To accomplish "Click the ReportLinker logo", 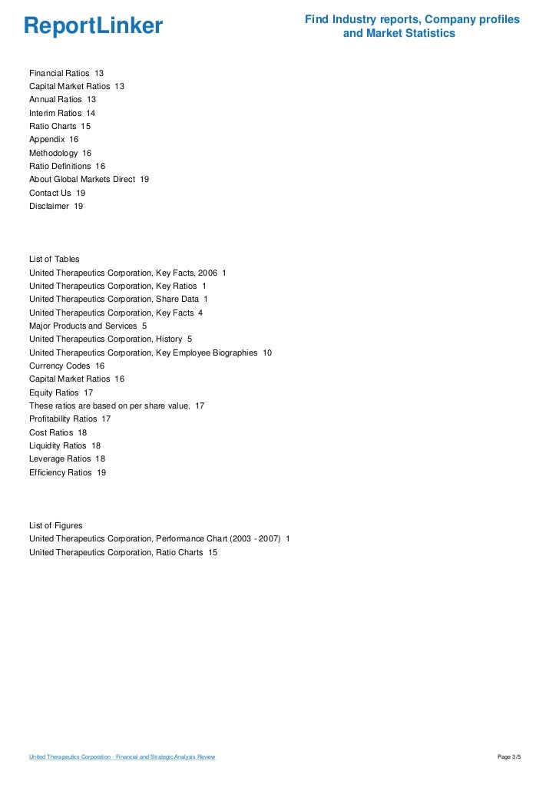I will tap(93, 27).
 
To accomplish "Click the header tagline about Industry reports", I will tap(412, 26).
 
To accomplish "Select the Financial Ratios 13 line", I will tap(66, 73).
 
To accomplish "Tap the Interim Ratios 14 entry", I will tap(62, 113).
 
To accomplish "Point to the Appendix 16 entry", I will tap(54, 140).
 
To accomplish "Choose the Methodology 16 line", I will tap(60, 153).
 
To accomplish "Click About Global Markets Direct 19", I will tap(89, 179).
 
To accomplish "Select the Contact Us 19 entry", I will tap(57, 193).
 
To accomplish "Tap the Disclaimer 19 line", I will tap(56, 206).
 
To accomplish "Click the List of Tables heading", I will tap(54, 259).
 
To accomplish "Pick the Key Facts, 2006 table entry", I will tap(127, 273).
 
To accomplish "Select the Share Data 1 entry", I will tap(118, 299).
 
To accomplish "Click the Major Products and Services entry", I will tap(88, 326).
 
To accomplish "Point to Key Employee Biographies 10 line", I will tap(150, 352).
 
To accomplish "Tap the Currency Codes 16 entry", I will tap(67, 366).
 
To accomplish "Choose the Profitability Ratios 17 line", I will tap(70, 419).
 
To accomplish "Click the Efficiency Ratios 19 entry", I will tap(68, 472).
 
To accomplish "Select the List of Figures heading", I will tap(55, 525).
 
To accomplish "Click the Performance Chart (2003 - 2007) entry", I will tap(159, 539).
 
